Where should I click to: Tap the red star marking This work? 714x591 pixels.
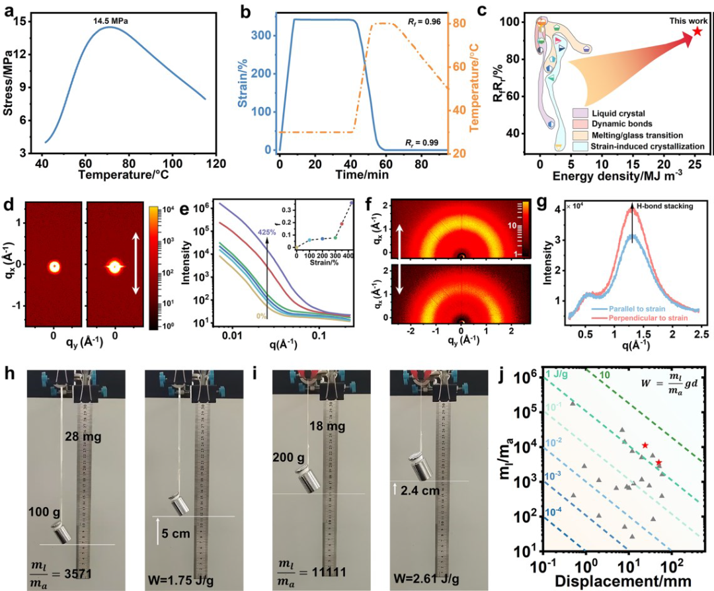(697, 32)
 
